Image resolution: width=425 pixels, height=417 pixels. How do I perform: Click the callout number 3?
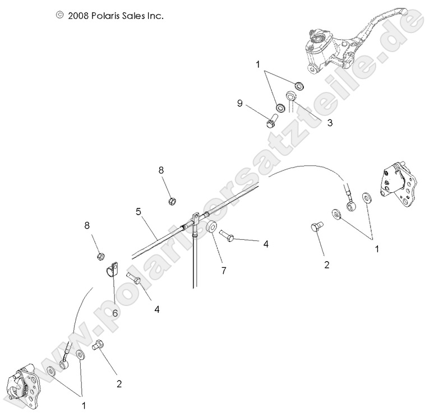(315, 122)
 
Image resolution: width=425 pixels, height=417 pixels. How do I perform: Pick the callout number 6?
(115, 313)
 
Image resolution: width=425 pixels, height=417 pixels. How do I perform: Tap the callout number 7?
(224, 270)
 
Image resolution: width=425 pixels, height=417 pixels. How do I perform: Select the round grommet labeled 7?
(212, 228)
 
